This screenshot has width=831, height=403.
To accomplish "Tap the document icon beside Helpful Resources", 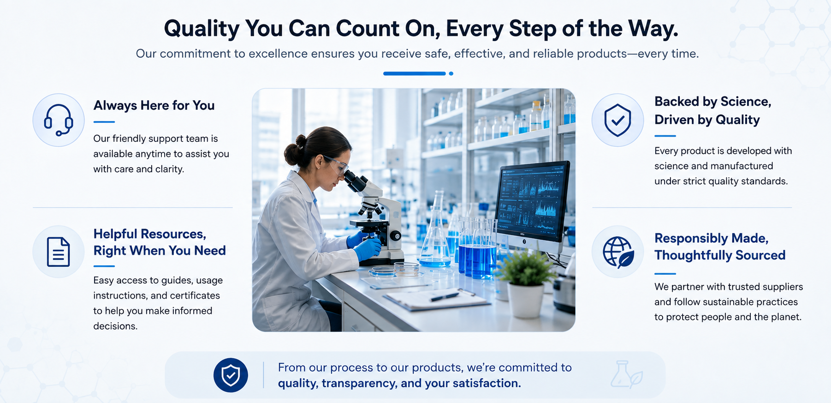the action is [59, 252].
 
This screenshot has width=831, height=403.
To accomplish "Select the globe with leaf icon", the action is [618, 252].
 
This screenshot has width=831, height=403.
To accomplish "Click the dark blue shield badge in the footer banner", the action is [231, 375].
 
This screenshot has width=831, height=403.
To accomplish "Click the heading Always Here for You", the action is [154, 106].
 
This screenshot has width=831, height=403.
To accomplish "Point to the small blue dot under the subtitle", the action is [451, 73].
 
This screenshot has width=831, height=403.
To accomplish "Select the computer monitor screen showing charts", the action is [532, 201].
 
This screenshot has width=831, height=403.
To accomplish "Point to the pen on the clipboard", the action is [445, 296].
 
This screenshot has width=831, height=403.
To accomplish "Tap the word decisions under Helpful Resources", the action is [115, 326].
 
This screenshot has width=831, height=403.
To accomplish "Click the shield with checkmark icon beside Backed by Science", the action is [618, 120].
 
